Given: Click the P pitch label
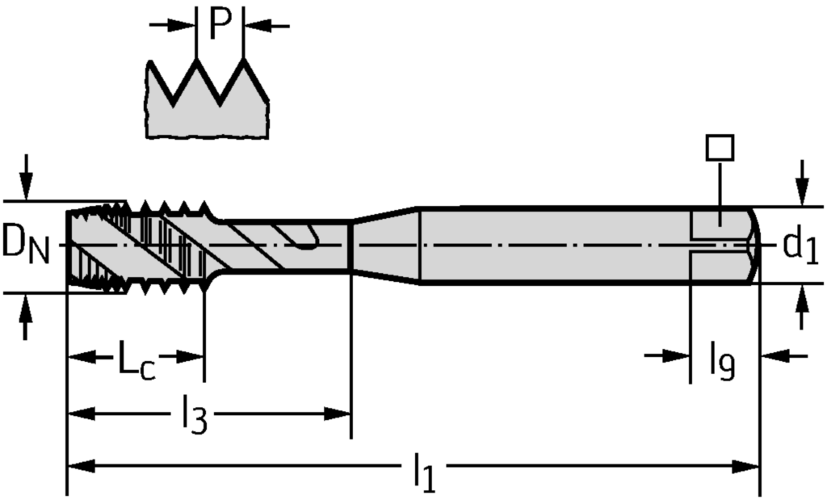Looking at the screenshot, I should point(220,24).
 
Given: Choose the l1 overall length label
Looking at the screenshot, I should point(423,472).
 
